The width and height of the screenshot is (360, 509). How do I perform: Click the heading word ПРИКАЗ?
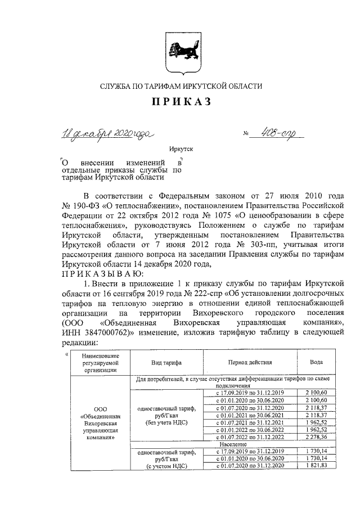tap(181, 101)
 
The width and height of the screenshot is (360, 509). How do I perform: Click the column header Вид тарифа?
tap(166, 363)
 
